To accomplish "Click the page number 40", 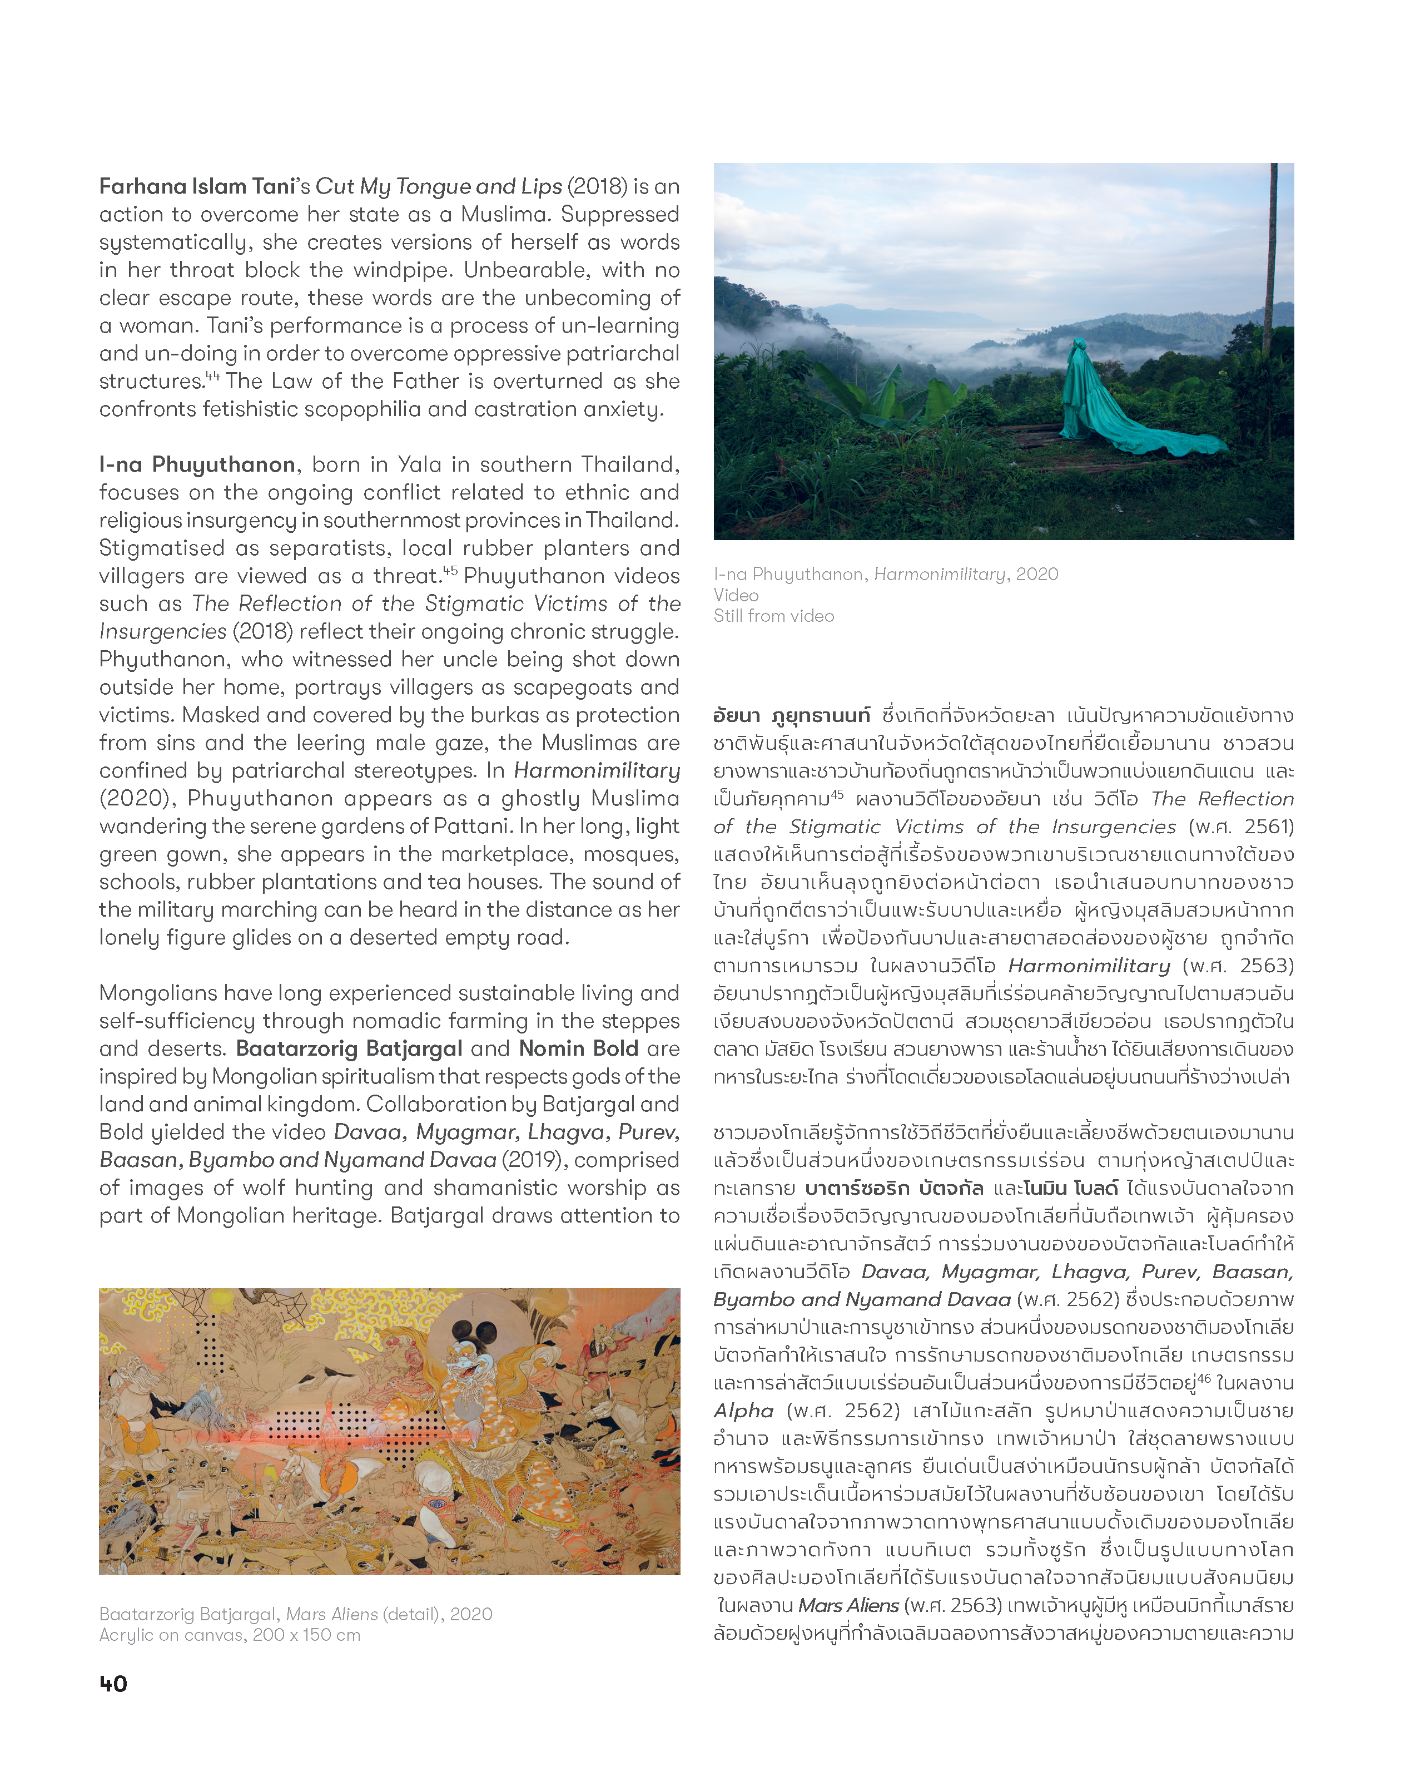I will (113, 1683).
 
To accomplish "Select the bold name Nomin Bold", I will (578, 1049).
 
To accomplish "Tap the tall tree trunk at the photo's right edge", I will (1272, 246).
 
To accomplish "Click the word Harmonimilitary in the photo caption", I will (940, 574).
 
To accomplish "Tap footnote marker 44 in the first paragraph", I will (213, 376).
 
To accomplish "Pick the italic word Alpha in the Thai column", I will (743, 1411).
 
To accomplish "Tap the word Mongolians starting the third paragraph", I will (158, 993).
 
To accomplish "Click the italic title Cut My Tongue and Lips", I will (439, 186).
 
